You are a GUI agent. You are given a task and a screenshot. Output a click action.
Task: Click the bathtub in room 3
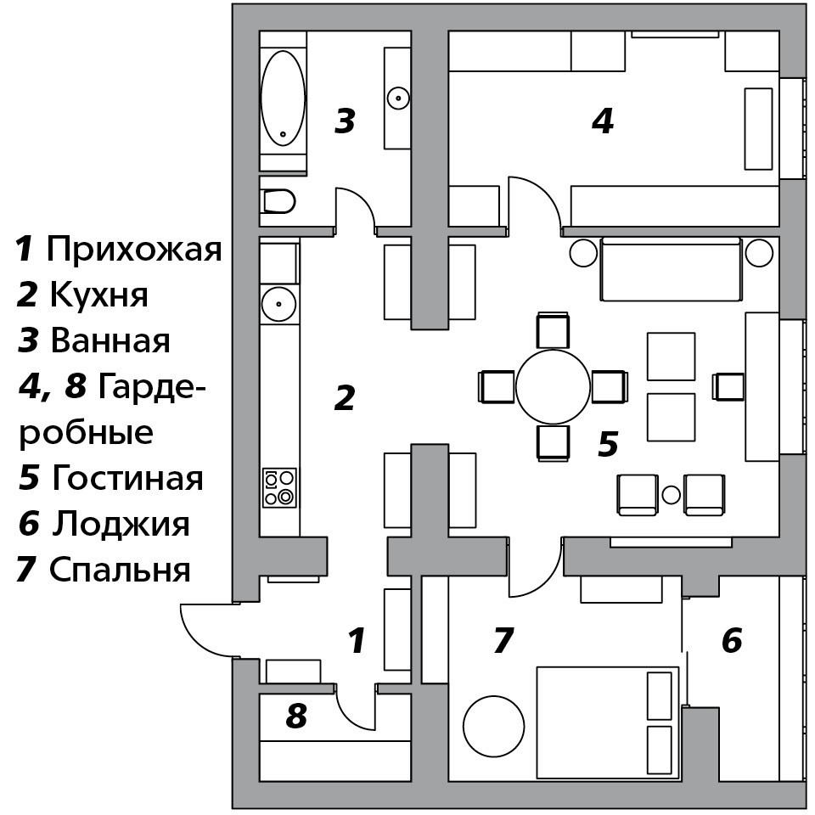click(283, 98)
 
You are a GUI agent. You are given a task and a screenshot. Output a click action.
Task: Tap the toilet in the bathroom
click(278, 200)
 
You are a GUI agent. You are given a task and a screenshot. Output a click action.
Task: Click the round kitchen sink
click(279, 304)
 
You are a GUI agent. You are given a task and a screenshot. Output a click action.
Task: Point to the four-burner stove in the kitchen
click(279, 487)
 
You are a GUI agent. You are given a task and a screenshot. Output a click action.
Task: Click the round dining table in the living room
click(553, 387)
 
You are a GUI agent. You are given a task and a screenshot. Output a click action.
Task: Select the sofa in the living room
click(671, 269)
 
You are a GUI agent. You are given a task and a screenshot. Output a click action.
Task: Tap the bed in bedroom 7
click(608, 722)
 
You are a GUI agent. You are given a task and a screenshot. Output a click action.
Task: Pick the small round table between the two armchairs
click(672, 494)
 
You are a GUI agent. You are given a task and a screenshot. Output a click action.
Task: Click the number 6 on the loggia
click(732, 640)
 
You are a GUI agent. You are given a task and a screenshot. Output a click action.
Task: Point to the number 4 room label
click(603, 121)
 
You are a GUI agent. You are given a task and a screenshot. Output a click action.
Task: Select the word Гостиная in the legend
click(127, 478)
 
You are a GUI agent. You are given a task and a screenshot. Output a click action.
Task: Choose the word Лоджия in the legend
click(121, 524)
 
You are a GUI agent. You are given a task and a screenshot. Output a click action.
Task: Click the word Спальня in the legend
click(120, 570)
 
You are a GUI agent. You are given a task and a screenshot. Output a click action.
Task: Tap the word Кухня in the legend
click(98, 295)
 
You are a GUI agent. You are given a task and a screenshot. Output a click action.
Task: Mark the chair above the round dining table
click(553, 330)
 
